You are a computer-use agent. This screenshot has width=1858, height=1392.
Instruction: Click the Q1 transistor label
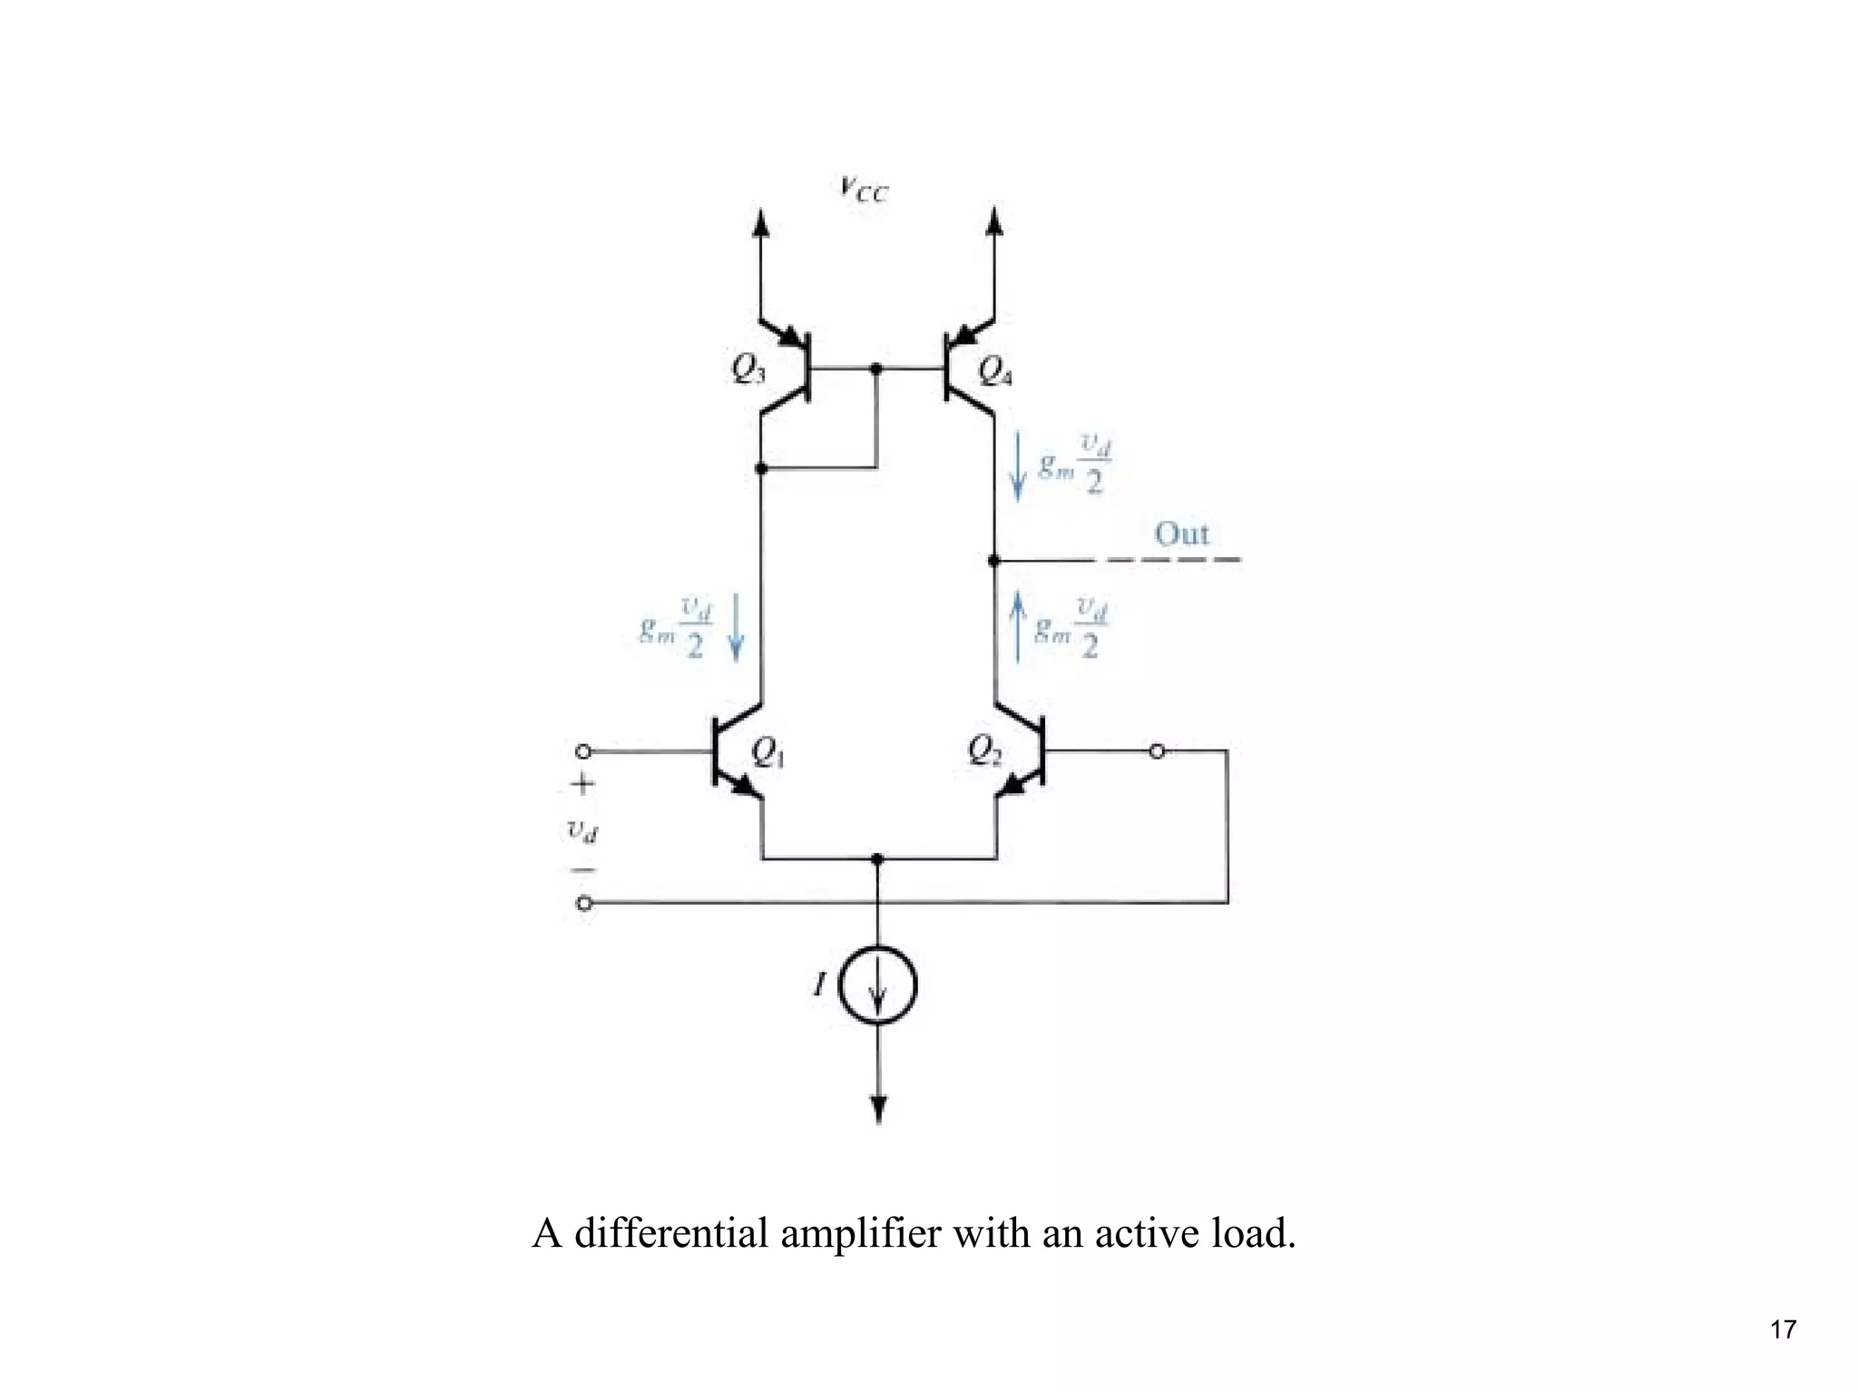[768, 752]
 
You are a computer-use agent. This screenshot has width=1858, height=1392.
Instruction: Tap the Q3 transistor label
[748, 369]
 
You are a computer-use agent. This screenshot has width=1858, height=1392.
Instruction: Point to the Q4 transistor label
[995, 371]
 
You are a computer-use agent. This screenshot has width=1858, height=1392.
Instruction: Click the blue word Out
[1181, 534]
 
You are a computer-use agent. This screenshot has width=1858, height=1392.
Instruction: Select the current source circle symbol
[877, 985]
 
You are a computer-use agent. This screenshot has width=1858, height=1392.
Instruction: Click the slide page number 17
[1783, 1329]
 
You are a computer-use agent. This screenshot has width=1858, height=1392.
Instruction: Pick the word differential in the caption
[670, 1233]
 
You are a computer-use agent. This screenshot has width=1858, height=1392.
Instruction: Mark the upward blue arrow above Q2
[1017, 626]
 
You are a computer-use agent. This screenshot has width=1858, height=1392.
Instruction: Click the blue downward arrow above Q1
[736, 626]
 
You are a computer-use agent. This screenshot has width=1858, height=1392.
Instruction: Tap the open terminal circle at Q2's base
[1157, 751]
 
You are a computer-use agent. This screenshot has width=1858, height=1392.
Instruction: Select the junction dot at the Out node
[994, 561]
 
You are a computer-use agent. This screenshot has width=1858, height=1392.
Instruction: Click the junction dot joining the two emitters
[877, 858]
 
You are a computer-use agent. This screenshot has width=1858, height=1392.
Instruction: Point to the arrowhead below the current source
[877, 1109]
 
